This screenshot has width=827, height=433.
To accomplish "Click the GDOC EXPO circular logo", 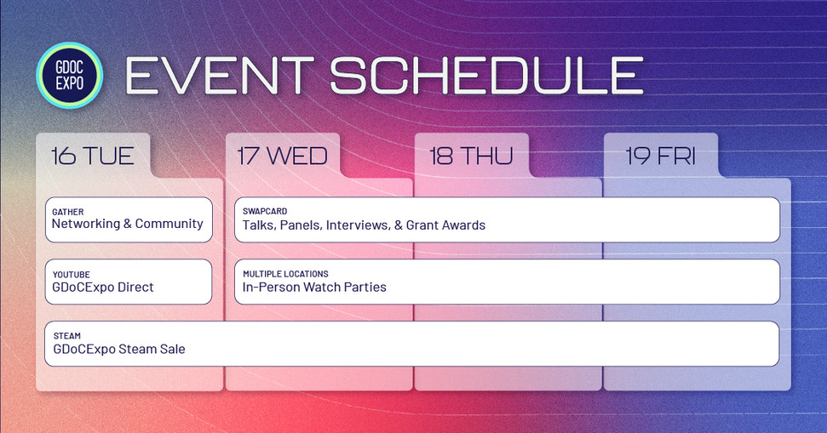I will (69, 76).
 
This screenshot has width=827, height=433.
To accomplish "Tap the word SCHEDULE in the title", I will (485, 77).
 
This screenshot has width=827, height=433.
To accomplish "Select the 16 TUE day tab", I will (92, 156).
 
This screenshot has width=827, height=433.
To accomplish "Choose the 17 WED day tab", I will (282, 156).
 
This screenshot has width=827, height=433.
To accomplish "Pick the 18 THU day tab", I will (471, 156).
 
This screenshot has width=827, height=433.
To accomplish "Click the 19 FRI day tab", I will (660, 156).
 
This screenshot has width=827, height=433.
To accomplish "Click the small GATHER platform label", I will (67, 212).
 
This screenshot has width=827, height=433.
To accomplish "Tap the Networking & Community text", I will (127, 225).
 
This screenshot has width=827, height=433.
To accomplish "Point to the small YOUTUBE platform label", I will (71, 275).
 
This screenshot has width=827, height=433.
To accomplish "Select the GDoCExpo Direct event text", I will (102, 288).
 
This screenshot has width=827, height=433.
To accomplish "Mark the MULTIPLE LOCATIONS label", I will (285, 274).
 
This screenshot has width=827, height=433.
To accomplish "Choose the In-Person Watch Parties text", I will (314, 288).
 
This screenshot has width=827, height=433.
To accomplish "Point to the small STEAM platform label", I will (66, 336).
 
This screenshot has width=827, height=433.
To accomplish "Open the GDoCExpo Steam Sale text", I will (118, 349).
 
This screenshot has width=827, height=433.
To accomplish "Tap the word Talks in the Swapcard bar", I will (258, 225).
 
